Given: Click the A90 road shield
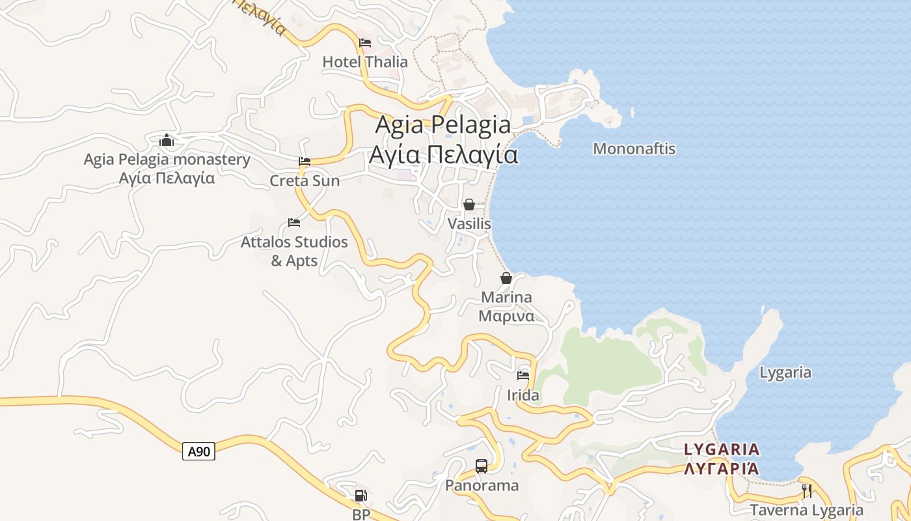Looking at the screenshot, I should point(198,451).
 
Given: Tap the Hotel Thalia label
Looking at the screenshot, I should point(365,62).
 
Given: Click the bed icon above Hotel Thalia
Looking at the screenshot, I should point(365,43).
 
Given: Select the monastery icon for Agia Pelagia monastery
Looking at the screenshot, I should point(167,140).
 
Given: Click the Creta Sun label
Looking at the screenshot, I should point(305,180).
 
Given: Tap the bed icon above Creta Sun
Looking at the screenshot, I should point(304,162).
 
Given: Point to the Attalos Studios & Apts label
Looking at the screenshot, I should point(294,251).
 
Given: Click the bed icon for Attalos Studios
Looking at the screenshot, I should point(294,223).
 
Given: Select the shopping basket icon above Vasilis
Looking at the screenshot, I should point(469,204).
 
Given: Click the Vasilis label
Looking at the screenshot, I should point(469,223).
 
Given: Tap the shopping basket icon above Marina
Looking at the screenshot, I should point(506,278).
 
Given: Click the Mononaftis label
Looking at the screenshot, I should point(634,148).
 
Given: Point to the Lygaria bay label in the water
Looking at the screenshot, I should point(785,373).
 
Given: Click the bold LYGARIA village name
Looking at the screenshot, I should point(722,449).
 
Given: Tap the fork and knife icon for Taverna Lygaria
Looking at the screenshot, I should point(806,491).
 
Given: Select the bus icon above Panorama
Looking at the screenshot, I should point(482,466).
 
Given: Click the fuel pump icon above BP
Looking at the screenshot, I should point(360,496).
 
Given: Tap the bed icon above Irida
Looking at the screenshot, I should point(523,375).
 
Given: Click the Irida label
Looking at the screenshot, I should point(523,395).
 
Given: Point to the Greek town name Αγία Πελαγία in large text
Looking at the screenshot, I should point(443,155).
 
